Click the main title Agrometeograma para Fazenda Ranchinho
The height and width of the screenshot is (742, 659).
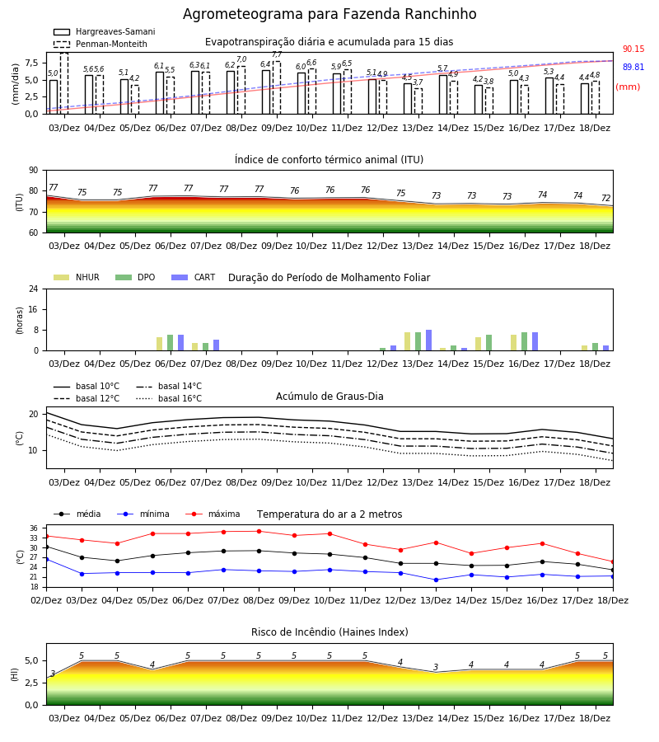(329, 14)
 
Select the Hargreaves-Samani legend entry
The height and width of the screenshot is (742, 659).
(104, 31)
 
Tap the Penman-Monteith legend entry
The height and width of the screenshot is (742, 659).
(100, 44)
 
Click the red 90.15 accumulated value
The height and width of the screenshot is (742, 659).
(633, 49)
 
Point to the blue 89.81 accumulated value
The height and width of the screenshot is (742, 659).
(633, 68)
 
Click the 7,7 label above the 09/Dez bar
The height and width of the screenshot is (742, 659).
(277, 55)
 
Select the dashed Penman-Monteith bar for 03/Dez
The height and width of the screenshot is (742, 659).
(64, 83)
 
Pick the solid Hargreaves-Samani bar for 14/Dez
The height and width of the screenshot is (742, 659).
(443, 95)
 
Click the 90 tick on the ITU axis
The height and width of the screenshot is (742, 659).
(33, 171)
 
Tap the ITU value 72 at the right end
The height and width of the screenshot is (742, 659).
(606, 198)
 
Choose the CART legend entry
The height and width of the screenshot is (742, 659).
(194, 277)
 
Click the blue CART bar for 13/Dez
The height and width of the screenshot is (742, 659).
(429, 340)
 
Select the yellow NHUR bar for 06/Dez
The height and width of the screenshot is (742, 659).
(159, 344)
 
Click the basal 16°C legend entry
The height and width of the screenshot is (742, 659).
(169, 398)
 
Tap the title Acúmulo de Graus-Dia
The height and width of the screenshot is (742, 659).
(329, 396)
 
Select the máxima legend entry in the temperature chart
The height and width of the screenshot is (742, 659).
(213, 514)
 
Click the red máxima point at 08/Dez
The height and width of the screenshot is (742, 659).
(259, 532)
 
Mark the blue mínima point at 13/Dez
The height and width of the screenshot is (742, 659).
(436, 580)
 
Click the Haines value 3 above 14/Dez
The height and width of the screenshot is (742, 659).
(436, 667)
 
